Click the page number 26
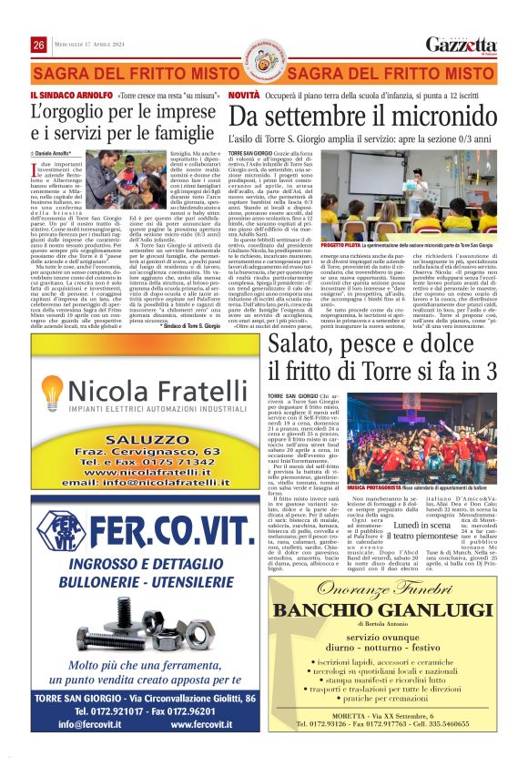point(39,45)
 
